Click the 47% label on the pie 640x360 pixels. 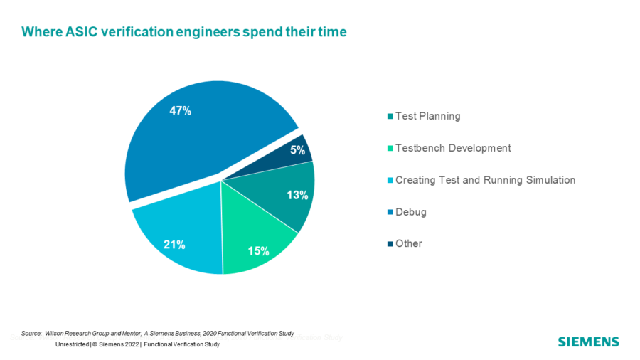click(180, 111)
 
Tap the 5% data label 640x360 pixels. click(297, 150)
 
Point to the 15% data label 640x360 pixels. click(258, 250)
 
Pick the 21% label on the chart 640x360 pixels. click(174, 245)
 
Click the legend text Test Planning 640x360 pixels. click(427, 117)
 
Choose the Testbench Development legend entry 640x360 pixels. click(453, 148)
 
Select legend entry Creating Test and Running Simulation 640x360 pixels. click(485, 180)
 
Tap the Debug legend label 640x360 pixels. click(411, 212)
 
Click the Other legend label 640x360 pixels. click(409, 243)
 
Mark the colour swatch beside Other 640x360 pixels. click(390, 244)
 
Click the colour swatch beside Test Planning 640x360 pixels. click(390, 117)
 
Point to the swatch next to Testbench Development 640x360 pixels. click(390, 149)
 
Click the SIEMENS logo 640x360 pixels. click(588, 342)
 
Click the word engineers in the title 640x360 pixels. click(225, 32)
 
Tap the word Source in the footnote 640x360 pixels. click(31, 332)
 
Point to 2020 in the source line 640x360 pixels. click(209, 332)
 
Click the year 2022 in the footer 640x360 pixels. click(130, 344)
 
